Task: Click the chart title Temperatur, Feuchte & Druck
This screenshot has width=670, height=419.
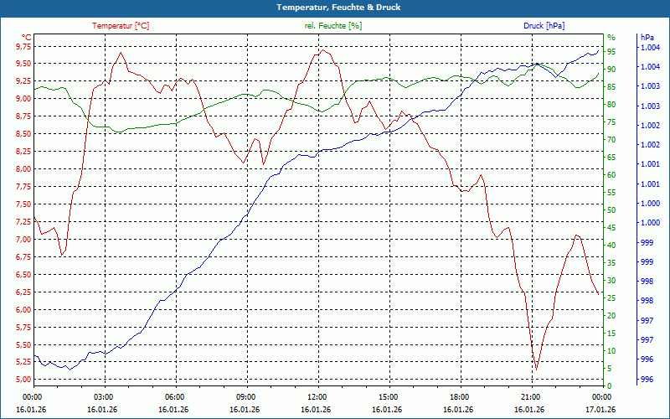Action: pyautogui.click(x=335, y=7)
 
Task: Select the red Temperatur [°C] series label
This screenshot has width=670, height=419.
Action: pyautogui.click(x=121, y=26)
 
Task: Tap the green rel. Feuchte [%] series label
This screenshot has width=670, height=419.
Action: pyautogui.click(x=333, y=26)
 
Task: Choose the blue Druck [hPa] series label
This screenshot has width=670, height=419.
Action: pyautogui.click(x=544, y=26)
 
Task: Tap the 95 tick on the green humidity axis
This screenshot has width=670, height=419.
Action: pyautogui.click(x=612, y=52)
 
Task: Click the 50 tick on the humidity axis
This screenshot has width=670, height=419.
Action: pyautogui.click(x=612, y=210)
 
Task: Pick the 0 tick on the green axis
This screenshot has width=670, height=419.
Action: pyautogui.click(x=610, y=386)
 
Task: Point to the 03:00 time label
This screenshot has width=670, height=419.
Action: pyautogui.click(x=104, y=396)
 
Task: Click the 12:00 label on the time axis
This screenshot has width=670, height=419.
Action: pyautogui.click(x=317, y=396)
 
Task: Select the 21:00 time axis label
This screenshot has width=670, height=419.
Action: pyautogui.click(x=530, y=396)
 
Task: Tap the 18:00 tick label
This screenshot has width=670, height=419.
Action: pyautogui.click(x=459, y=396)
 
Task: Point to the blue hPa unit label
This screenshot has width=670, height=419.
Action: pyautogui.click(x=647, y=38)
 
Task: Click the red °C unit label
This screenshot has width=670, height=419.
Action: pyautogui.click(x=27, y=37)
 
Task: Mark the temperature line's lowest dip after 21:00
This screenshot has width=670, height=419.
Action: pyautogui.click(x=536, y=369)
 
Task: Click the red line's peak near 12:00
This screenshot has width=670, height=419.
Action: pyautogui.click(x=322, y=50)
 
